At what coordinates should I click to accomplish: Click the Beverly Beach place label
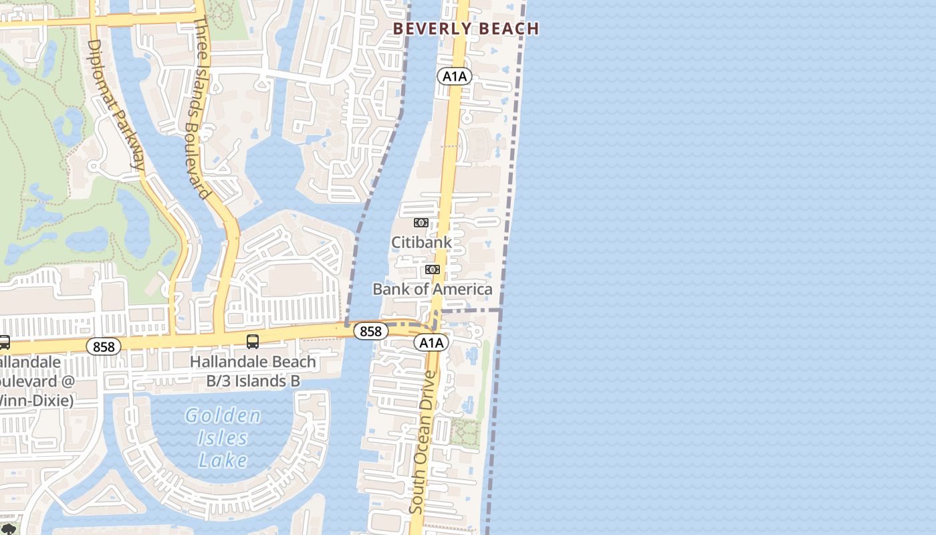465,29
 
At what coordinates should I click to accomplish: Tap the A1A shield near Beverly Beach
455,76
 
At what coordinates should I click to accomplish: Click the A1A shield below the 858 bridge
431,343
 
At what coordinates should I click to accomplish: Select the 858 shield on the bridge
370,331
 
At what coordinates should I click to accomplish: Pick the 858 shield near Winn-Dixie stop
104,346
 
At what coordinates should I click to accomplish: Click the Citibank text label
421,242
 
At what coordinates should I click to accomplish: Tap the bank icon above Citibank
421,223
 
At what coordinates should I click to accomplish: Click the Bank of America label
432,289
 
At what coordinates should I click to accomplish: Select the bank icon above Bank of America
433,270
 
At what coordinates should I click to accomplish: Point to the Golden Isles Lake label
223,437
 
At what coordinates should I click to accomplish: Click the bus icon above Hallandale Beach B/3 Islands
253,341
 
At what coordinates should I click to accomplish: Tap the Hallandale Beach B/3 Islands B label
253,371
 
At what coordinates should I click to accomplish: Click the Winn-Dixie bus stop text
33,381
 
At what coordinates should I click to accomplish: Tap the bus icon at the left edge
3,342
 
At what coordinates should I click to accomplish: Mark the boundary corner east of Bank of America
501,310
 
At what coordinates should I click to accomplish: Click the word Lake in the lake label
223,460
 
